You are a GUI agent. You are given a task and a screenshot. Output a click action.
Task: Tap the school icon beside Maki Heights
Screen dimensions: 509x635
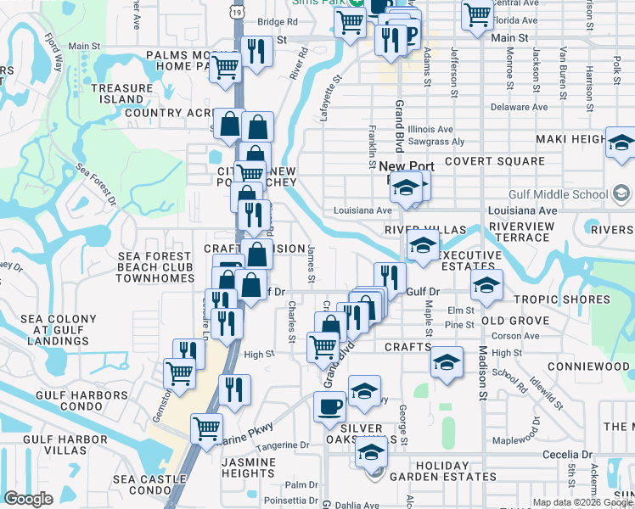(621, 145)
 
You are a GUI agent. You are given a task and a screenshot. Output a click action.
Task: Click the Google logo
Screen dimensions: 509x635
(28, 499)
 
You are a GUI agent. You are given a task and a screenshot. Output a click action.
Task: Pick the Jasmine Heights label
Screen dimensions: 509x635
(247, 467)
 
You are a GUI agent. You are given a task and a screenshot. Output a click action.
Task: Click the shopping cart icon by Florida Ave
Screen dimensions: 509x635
(477, 14)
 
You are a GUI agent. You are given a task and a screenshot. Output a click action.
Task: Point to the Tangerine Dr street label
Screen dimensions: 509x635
(284, 445)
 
